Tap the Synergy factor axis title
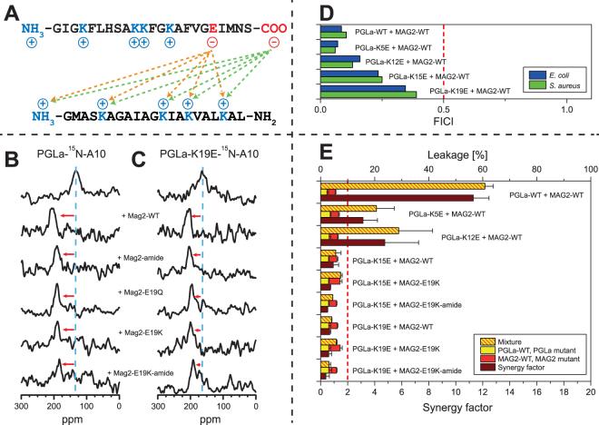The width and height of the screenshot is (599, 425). (x=455, y=417)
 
